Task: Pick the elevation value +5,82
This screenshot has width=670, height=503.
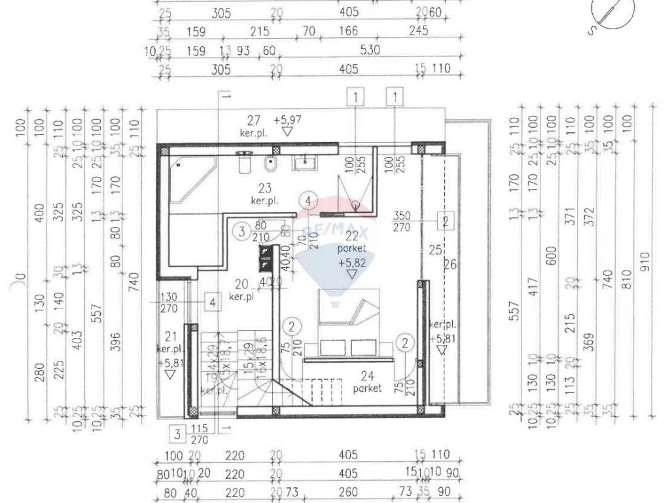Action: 351,262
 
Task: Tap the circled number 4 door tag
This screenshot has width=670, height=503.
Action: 309,200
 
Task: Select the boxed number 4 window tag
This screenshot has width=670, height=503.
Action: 212,302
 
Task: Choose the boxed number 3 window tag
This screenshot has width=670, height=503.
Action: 177,433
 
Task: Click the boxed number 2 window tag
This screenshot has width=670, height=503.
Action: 445,221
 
